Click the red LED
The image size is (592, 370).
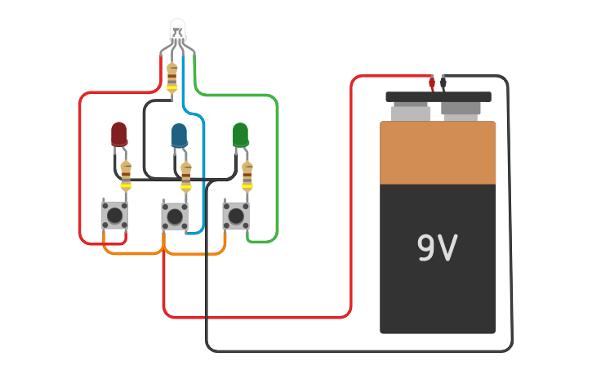(119, 133)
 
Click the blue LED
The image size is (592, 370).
(179, 135)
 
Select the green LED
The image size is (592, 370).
(240, 134)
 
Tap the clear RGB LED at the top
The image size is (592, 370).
(177, 30)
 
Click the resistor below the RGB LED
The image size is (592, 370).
(171, 77)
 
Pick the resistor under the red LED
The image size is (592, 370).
(126, 175)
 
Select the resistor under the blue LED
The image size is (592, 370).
(186, 176)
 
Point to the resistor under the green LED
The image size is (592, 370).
(247, 175)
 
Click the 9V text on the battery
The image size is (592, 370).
(437, 248)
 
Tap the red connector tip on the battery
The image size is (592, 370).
(432, 83)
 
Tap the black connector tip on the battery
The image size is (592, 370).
(443, 83)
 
